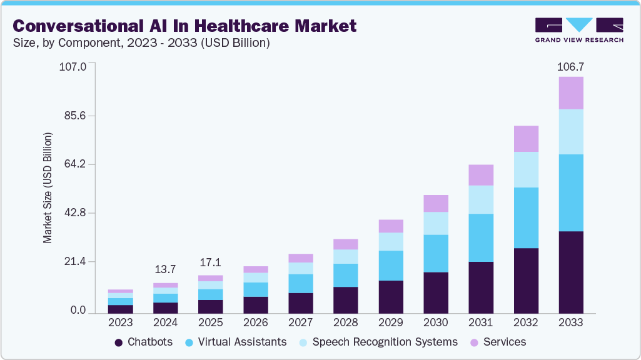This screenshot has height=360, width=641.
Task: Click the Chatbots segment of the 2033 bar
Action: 570,272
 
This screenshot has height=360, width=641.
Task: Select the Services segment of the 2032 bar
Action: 526,139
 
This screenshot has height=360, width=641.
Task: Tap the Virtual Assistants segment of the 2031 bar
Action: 481,237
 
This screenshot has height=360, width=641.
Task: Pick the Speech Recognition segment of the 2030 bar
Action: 436,223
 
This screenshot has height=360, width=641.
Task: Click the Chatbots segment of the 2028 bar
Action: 346,300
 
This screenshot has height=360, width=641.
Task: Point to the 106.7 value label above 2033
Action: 570,66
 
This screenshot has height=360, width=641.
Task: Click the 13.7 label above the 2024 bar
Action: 165,269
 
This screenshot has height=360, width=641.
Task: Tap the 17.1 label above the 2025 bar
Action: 211,262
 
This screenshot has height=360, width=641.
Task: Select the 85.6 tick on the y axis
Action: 75,116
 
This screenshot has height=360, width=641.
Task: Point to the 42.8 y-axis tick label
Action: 75,213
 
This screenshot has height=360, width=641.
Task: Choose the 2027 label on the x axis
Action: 301,322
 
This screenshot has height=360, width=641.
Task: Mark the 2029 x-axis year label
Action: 391,322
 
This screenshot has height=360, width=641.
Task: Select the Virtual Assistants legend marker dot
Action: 189,342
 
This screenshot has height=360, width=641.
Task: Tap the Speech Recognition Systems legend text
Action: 385,342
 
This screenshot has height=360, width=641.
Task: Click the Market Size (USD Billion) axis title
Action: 48,187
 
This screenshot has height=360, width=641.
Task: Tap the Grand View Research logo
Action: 579,29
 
